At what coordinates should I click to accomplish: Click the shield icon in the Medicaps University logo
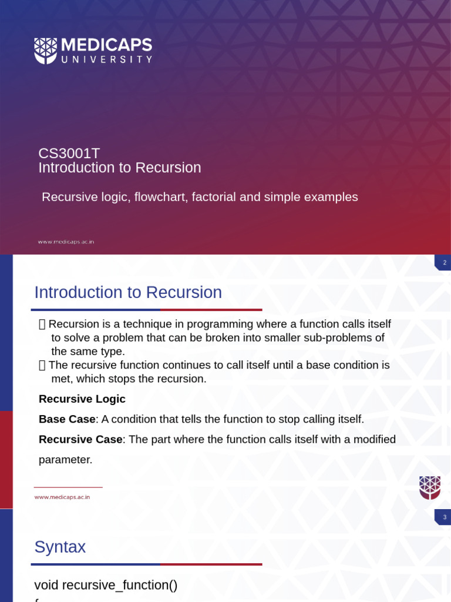coord(45,51)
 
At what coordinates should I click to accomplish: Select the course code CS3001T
coord(69,153)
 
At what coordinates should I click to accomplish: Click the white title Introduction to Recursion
coord(119,168)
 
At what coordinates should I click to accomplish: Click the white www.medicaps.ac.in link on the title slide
coord(66,242)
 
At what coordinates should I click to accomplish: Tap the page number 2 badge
coord(444,263)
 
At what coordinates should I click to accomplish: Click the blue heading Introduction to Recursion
coord(127,292)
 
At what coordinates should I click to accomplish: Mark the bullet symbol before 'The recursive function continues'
coord(42,365)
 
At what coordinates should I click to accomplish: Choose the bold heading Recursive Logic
coord(82,399)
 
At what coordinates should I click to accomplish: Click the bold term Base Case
coord(66,419)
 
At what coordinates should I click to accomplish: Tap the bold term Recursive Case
coord(80,439)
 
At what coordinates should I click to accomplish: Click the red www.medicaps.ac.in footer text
coord(62,497)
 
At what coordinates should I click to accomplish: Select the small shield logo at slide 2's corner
coord(429,487)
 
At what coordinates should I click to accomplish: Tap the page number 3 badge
coord(444,517)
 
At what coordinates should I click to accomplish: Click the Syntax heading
coord(60,547)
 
